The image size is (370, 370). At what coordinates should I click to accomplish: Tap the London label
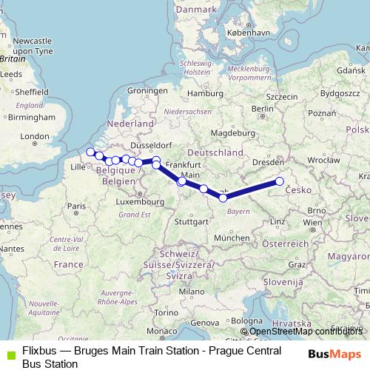pyautogui.click(x=34, y=136)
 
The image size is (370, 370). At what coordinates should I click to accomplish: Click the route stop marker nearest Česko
pyautogui.click(x=280, y=181)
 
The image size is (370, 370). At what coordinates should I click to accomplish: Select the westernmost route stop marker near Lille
pyautogui.click(x=91, y=152)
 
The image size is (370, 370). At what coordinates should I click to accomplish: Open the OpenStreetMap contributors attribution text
pyautogui.click(x=305, y=332)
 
